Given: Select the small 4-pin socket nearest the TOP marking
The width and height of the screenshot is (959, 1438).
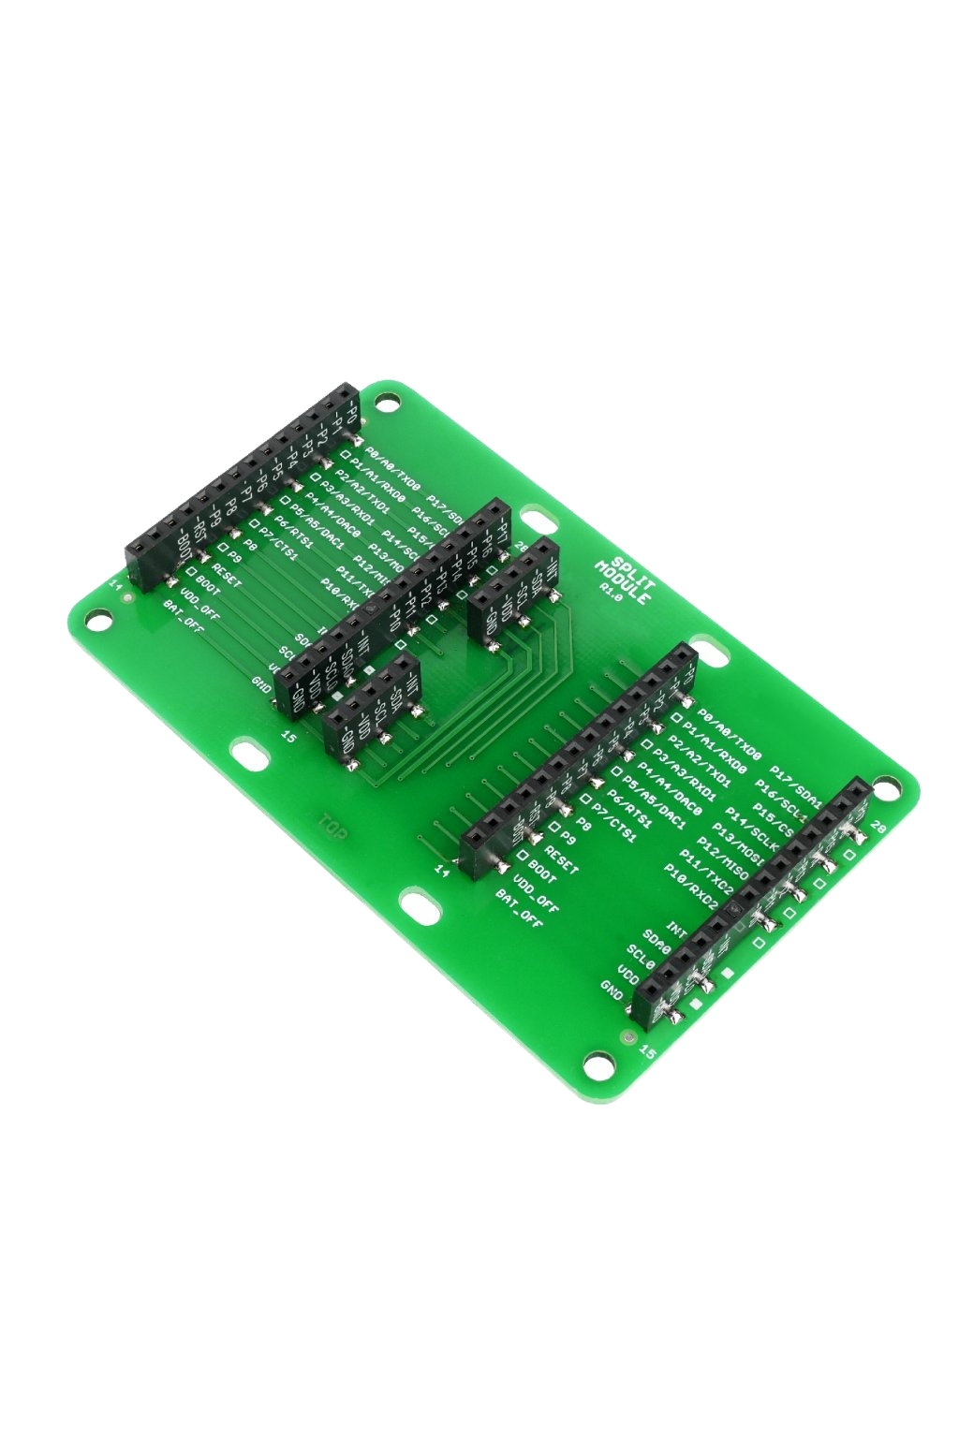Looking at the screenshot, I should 369,708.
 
